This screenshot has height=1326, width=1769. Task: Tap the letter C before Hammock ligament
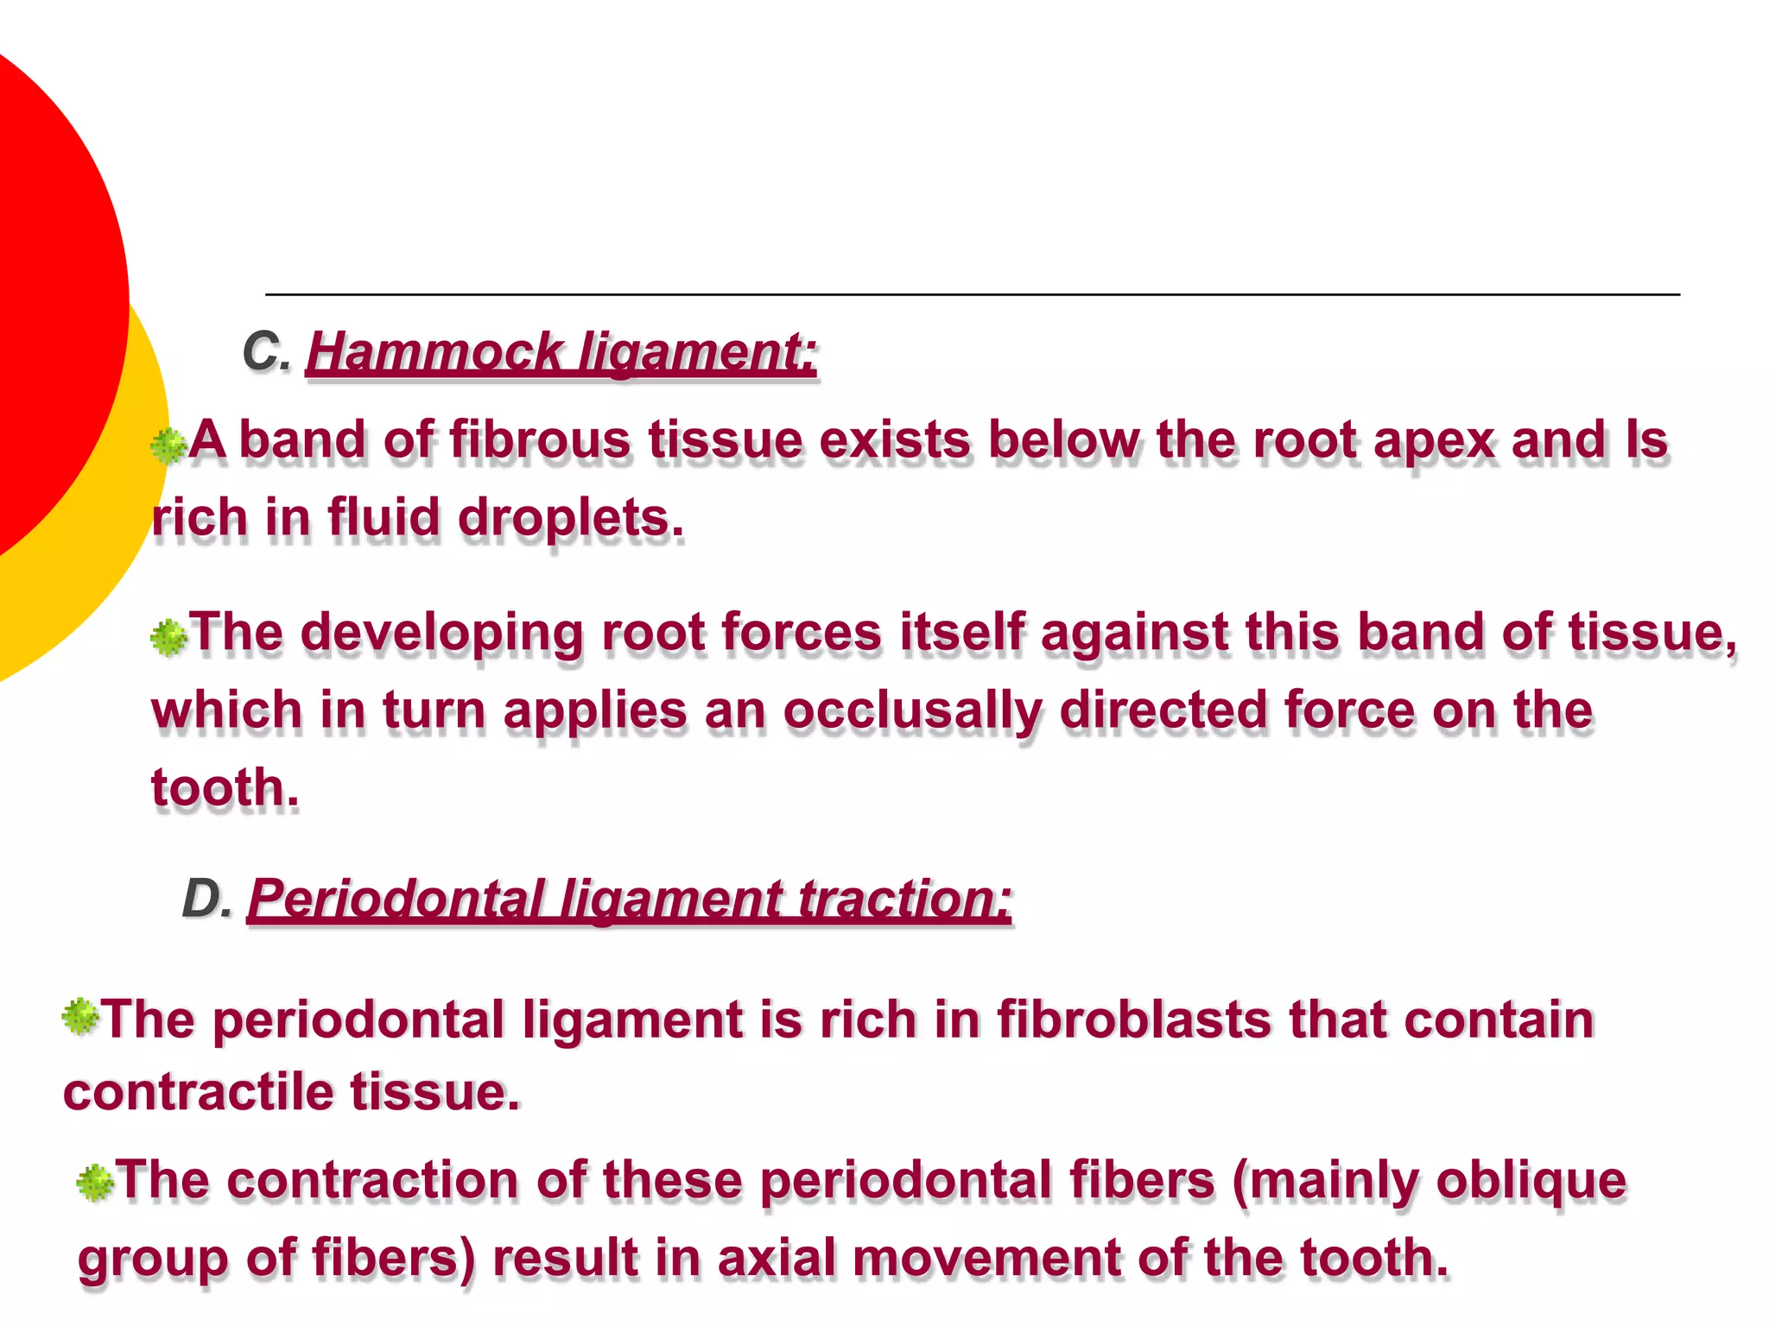pyautogui.click(x=263, y=352)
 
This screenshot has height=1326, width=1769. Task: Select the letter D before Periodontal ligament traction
pyautogui.click(x=204, y=899)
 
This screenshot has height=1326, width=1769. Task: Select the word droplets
pyautogui.click(x=570, y=518)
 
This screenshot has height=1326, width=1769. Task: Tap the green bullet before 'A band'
pyautogui.click(x=168, y=445)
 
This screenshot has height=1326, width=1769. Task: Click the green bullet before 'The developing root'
pyautogui.click(x=168, y=638)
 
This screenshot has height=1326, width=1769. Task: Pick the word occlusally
pyautogui.click(x=912, y=711)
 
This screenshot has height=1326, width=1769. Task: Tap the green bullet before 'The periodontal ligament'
pyautogui.click(x=80, y=1016)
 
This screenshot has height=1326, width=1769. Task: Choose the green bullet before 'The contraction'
pyautogui.click(x=94, y=1182)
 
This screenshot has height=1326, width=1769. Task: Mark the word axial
pyautogui.click(x=777, y=1258)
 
